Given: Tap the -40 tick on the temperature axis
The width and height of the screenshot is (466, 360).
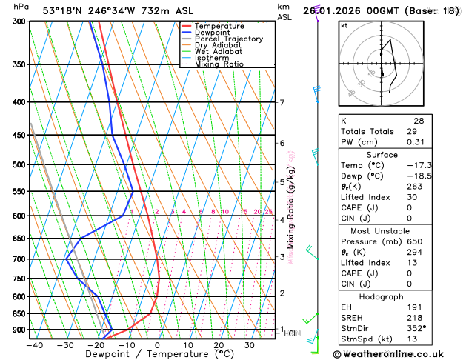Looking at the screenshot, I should tap(33, 344).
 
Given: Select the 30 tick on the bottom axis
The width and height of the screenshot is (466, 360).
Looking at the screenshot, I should tap(250, 344).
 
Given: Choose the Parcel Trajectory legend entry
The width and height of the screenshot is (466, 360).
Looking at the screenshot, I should tap(228, 39).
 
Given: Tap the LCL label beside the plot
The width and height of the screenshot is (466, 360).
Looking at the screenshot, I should tap(291, 333).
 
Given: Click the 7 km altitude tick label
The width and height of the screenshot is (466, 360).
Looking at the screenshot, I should tap(282, 103).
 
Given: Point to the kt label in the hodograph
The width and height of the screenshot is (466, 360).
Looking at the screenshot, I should tap(344, 25).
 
